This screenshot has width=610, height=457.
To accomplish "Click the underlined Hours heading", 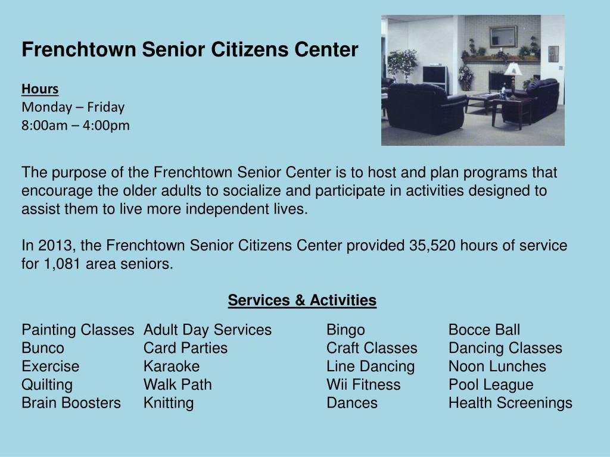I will [40, 89].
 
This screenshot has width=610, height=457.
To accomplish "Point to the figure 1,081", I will [62, 264].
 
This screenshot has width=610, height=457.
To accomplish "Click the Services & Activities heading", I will [302, 301].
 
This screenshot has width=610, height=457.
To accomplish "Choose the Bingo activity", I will [346, 330].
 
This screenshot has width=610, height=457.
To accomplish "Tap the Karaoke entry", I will [172, 367].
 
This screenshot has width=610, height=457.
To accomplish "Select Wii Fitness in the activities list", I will [363, 385].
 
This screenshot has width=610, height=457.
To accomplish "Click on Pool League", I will [491, 385].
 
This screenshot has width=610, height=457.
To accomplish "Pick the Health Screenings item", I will [510, 403].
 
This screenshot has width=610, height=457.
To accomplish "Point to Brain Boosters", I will [71, 403].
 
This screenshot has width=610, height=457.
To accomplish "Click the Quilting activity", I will [47, 385].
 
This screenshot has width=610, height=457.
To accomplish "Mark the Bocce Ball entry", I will [484, 330].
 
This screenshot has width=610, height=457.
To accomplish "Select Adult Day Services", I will [207, 330].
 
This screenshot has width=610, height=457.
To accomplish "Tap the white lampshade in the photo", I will [513, 69].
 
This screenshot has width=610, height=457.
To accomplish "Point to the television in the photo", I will [435, 76].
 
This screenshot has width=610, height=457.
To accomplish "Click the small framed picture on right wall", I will [553, 54].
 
